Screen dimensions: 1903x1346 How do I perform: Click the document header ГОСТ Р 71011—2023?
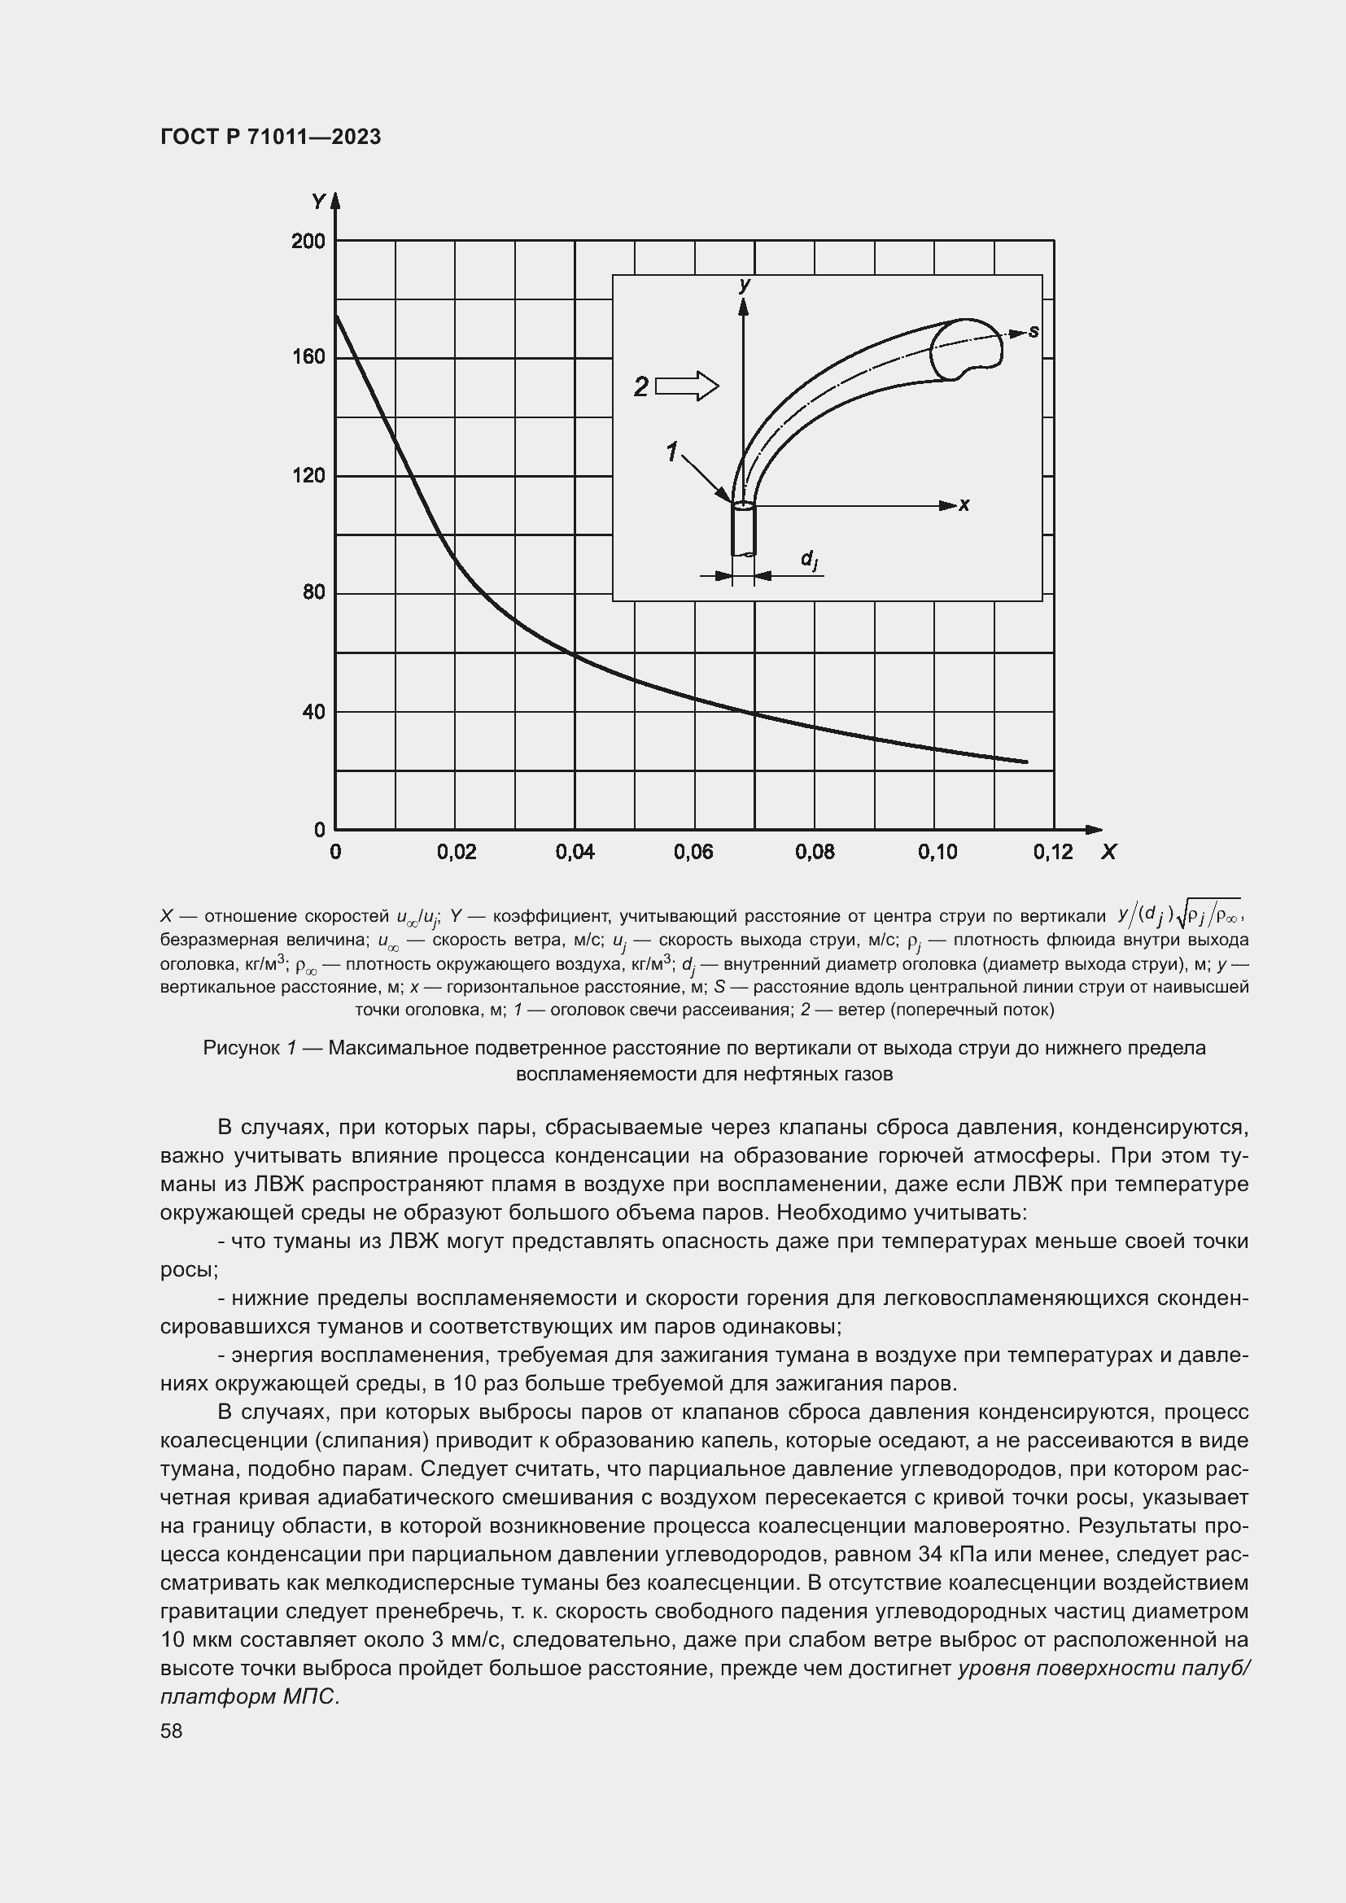(x=270, y=137)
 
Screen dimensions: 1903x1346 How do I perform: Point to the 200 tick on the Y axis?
(x=308, y=241)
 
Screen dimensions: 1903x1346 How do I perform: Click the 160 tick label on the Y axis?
(x=308, y=357)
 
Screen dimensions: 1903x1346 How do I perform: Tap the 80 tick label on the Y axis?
(x=313, y=592)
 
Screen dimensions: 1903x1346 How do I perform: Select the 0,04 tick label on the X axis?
(x=575, y=853)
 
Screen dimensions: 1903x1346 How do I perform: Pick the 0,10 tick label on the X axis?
(x=937, y=853)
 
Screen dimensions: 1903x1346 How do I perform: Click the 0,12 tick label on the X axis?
(x=1052, y=853)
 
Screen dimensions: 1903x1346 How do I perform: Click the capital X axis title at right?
(x=1108, y=852)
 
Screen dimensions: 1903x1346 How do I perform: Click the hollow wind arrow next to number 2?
(x=687, y=386)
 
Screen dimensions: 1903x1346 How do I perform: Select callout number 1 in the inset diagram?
(x=671, y=452)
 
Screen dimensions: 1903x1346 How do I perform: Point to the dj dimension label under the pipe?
(x=809, y=561)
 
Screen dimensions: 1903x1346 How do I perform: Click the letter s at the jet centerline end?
(x=1034, y=331)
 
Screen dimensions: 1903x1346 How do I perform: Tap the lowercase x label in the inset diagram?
(x=964, y=504)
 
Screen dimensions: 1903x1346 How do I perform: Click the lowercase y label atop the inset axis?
(x=745, y=285)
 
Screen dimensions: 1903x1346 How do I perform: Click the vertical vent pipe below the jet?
(x=744, y=530)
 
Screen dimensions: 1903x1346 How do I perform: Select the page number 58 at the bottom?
(x=172, y=1731)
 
